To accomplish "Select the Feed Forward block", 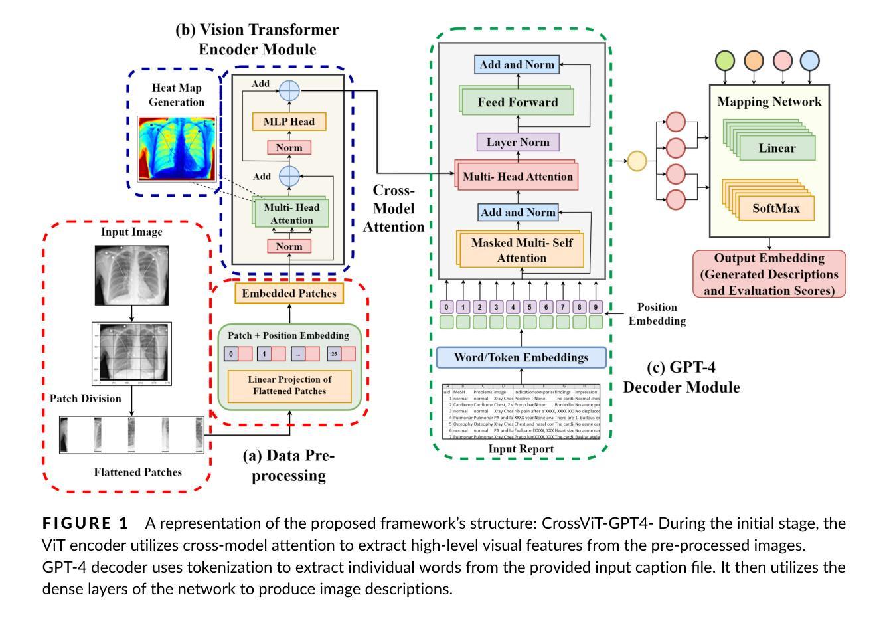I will pyautogui.click(x=517, y=103).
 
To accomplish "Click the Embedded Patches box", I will pyautogui.click(x=289, y=293).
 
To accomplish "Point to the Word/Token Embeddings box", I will pyautogui.click(x=521, y=357).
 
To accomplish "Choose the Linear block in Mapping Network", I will pyautogui.click(x=777, y=148).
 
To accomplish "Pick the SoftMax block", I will pyautogui.click(x=775, y=209).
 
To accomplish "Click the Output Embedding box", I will pyautogui.click(x=769, y=274).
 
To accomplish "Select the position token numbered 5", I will pyautogui.click(x=529, y=308).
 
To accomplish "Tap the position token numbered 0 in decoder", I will pyautogui.click(x=447, y=308).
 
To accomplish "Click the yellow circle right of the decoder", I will pyautogui.click(x=637, y=161).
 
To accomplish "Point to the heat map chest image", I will pyautogui.click(x=177, y=149).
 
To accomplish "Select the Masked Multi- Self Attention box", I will pyautogui.click(x=522, y=250).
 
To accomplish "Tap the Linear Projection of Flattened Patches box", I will pyautogui.click(x=289, y=385).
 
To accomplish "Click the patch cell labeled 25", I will pyautogui.click(x=334, y=354).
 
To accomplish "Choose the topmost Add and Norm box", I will pyautogui.click(x=517, y=64).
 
